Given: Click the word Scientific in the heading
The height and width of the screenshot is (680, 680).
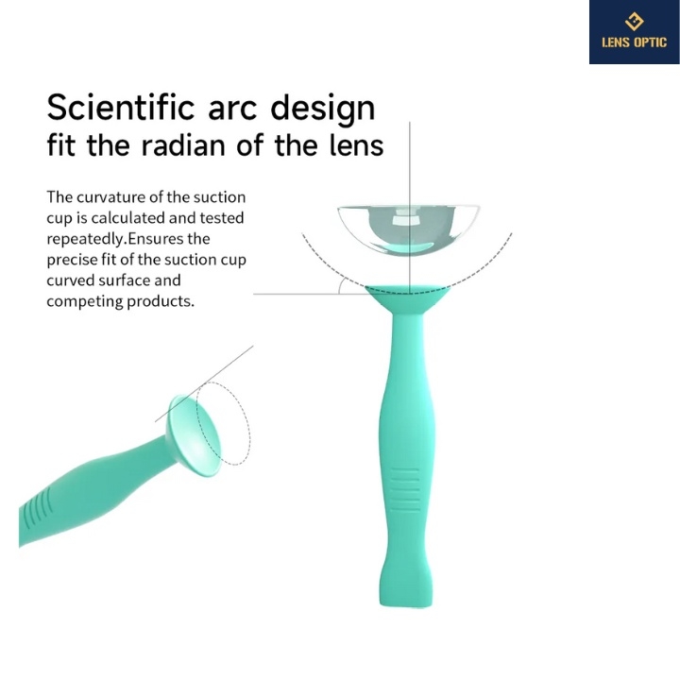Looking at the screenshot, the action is pos(121,107).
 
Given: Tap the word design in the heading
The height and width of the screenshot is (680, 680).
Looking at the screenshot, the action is pos(323,110).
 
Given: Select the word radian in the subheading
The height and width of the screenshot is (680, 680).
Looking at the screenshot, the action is pos(183,145).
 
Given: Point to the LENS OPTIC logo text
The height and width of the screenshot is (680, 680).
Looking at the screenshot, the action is pos(634,42).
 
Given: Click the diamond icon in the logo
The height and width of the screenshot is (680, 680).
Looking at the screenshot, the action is pos(634,21).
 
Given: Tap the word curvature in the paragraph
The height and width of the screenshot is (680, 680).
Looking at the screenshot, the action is pos(110,197).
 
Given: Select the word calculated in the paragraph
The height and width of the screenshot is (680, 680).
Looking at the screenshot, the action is pos(127,218).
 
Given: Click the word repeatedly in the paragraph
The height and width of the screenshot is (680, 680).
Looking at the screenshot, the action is pos(85,240).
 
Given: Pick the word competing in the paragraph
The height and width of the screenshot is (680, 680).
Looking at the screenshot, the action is pos(85,302).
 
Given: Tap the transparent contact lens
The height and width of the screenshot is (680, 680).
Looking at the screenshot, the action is pos(408,229).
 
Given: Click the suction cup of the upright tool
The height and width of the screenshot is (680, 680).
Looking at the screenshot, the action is pos(408,299).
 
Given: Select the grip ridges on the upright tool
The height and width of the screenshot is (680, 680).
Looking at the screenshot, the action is pos(405,489).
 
